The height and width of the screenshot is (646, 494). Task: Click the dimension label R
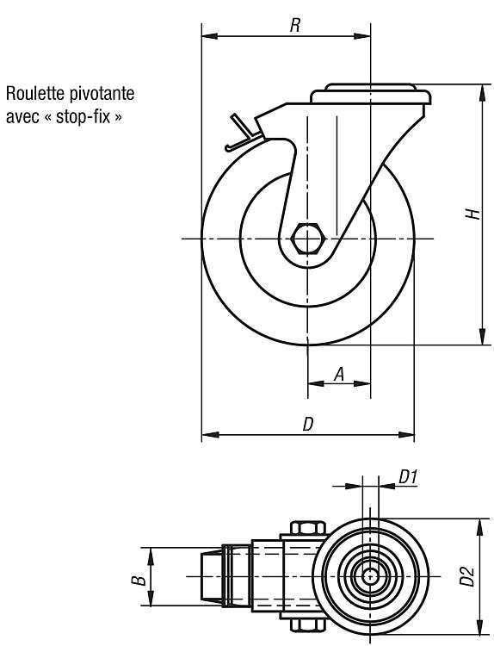click(294, 25)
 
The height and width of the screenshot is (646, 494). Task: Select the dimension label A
click(339, 374)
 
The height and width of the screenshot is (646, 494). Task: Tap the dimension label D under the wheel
click(308, 424)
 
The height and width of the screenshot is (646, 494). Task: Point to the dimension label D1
click(408, 477)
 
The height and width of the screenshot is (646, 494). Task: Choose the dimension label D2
click(467, 576)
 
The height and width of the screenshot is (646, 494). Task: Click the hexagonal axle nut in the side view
click(308, 239)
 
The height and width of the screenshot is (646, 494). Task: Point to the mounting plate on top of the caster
click(370, 94)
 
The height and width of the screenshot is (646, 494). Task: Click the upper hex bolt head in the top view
click(308, 528)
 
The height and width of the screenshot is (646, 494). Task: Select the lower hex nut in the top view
click(308, 625)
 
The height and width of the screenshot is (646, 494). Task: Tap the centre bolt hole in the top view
click(370, 575)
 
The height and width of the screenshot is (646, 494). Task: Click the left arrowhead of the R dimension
click(209, 36)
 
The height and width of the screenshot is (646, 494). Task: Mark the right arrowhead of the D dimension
click(406, 435)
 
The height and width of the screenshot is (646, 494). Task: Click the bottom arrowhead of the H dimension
click(482, 337)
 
